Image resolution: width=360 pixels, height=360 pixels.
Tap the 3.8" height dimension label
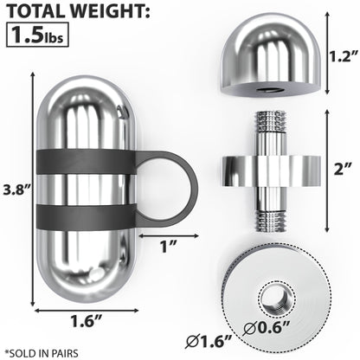[16, 186]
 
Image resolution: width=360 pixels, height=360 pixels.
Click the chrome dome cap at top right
[268, 51]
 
